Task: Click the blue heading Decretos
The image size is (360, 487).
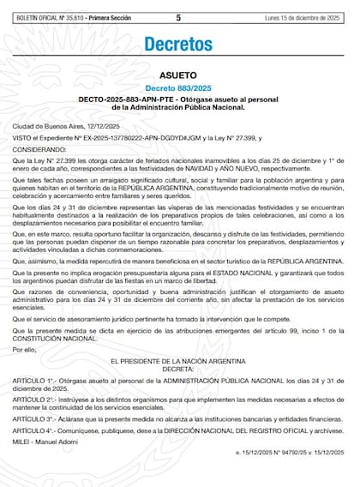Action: pyautogui.click(x=178, y=44)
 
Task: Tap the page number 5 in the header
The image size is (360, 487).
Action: pyautogui.click(x=178, y=16)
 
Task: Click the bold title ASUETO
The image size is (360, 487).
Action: pyautogui.click(x=178, y=75)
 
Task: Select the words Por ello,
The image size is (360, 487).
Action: pyautogui.click(x=25, y=350)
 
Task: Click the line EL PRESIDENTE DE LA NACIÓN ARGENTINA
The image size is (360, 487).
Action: pyautogui.click(x=178, y=364)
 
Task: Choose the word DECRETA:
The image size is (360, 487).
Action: pyautogui.click(x=178, y=371)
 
